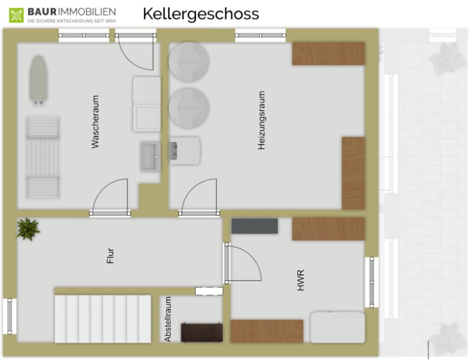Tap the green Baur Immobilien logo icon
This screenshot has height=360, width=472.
pyautogui.click(x=16, y=15)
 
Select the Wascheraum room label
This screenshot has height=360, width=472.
pyautogui.click(x=95, y=122)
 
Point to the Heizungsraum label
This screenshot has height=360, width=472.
pyautogui.click(x=261, y=120)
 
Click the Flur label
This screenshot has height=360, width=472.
pyautogui.click(x=111, y=256)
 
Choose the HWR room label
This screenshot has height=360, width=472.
pyautogui.click(x=300, y=280)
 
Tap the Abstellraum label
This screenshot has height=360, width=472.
pyautogui.click(x=168, y=319)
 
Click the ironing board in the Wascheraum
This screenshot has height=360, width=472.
pyautogui.click(x=38, y=80)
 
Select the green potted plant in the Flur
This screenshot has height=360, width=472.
pyautogui.click(x=28, y=229)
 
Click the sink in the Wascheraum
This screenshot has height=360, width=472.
pyautogui.click(x=150, y=156)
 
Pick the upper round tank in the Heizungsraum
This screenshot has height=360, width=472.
pyautogui.click(x=189, y=62)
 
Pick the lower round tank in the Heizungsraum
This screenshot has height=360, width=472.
pyautogui.click(x=189, y=108)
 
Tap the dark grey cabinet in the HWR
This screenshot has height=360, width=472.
pyautogui.click(x=255, y=226)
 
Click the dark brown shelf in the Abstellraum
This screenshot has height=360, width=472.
pyautogui.click(x=202, y=333)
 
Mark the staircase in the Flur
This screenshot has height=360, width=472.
pyautogui.click(x=103, y=319)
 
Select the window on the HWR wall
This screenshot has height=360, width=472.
pyautogui.click(x=372, y=282)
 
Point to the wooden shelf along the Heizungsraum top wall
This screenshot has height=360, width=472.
pyautogui.click(x=329, y=54)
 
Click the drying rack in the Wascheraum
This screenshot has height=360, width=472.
pyautogui.click(x=43, y=157)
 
